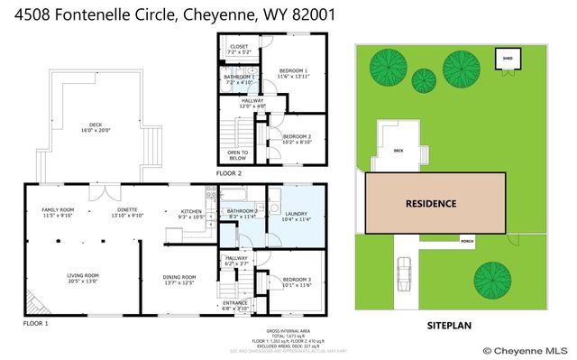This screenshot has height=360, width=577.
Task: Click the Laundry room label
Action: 294,215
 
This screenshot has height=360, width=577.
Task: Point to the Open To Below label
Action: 238,155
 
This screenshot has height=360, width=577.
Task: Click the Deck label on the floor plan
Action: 96,127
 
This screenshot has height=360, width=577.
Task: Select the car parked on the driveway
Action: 405,268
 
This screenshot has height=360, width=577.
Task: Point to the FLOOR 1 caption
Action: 35,322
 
